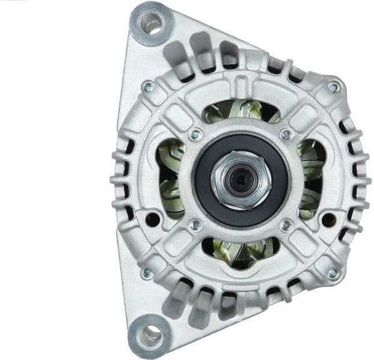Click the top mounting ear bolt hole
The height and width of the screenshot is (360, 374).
pyautogui.click(x=150, y=23)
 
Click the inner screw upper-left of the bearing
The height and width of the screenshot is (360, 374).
pyautogui.click(x=195, y=135)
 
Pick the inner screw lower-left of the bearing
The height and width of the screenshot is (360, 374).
pyautogui.click(x=195, y=225)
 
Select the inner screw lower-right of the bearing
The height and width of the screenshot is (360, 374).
pyautogui.click(x=286, y=225)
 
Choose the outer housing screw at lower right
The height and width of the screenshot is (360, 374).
pyautogui.click(x=333, y=273)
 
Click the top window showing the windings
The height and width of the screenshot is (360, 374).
pyautogui.click(x=241, y=111)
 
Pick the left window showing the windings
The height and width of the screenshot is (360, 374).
pyautogui.click(x=170, y=178)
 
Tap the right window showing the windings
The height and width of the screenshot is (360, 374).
pyautogui.click(x=311, y=178)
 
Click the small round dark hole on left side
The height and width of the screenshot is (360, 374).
pyautogui.click(x=153, y=219)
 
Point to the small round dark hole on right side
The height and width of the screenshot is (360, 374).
pyautogui.click(x=328, y=219)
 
